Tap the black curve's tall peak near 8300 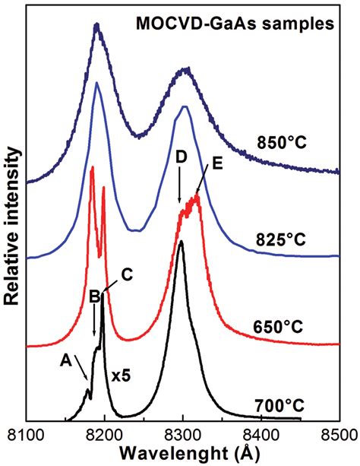point(181,243)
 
